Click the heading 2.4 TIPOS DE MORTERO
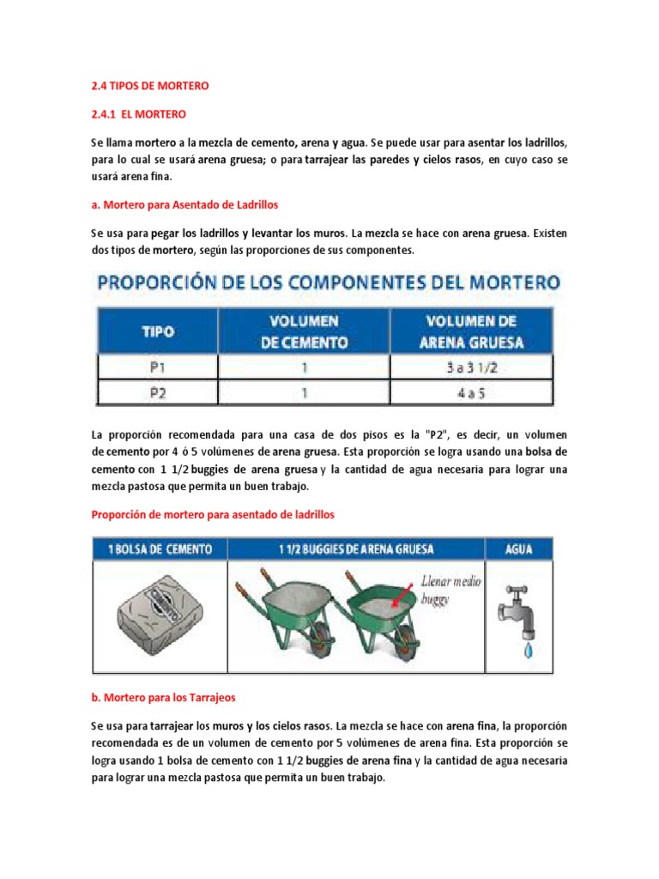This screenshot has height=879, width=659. click(149, 86)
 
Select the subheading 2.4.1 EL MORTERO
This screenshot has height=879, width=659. click(137, 113)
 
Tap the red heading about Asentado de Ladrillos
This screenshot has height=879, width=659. click(184, 205)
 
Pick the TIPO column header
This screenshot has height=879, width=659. click(158, 331)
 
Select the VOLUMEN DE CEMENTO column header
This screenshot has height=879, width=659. click(305, 331)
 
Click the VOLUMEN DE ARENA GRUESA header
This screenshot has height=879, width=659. click(471, 331)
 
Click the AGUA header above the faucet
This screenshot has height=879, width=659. click(518, 549)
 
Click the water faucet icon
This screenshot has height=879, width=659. click(516, 610)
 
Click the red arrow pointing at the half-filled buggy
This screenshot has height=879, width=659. click(402, 596)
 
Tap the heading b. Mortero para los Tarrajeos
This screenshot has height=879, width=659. click(163, 699)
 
